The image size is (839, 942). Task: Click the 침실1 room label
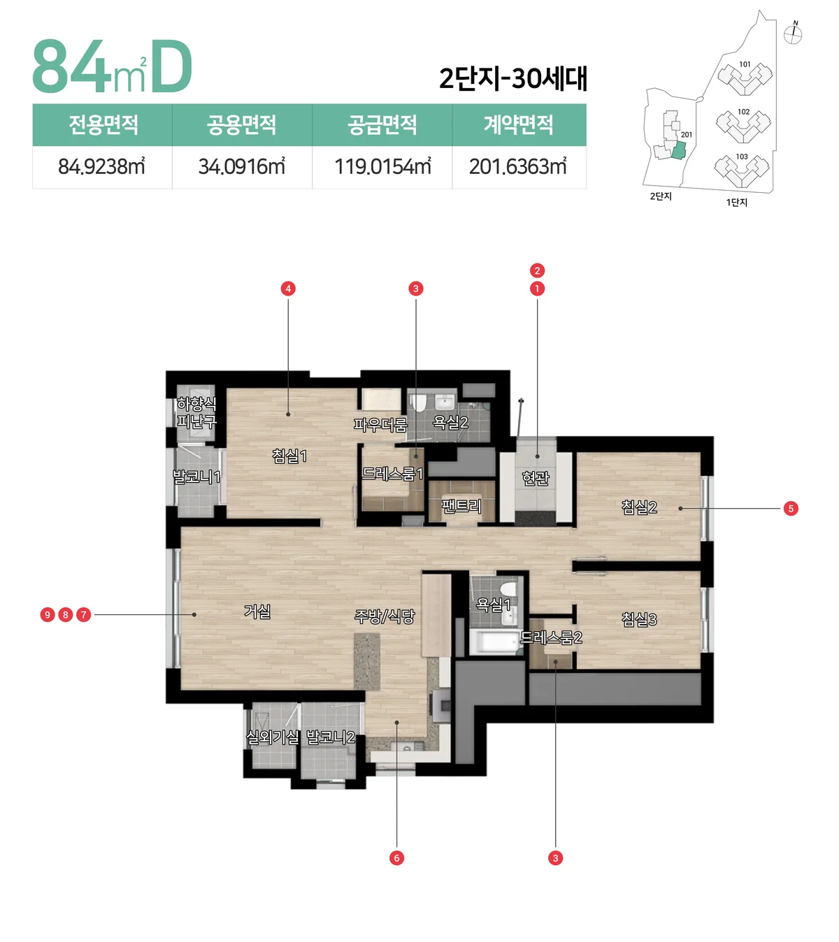point(289,456)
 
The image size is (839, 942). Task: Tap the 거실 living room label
point(257,611)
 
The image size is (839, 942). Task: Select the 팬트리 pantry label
point(461,505)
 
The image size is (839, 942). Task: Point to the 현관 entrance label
point(536,478)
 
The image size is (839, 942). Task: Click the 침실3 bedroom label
point(639,619)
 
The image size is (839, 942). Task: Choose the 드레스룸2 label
point(551,637)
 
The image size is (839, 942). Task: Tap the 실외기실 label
point(272,737)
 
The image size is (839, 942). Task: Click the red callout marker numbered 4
point(288,289)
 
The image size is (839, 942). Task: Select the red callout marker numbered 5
point(791,508)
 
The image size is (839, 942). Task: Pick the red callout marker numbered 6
point(396,858)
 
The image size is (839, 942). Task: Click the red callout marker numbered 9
point(48,615)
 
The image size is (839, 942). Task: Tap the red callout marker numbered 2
point(537,270)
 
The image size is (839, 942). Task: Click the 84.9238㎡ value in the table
point(101,166)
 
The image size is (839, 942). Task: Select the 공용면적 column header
point(241,124)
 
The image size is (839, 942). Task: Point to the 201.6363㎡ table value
point(518,166)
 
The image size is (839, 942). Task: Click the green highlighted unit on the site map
point(678,151)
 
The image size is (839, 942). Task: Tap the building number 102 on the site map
point(744,112)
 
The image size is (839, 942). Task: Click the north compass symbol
point(793,34)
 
